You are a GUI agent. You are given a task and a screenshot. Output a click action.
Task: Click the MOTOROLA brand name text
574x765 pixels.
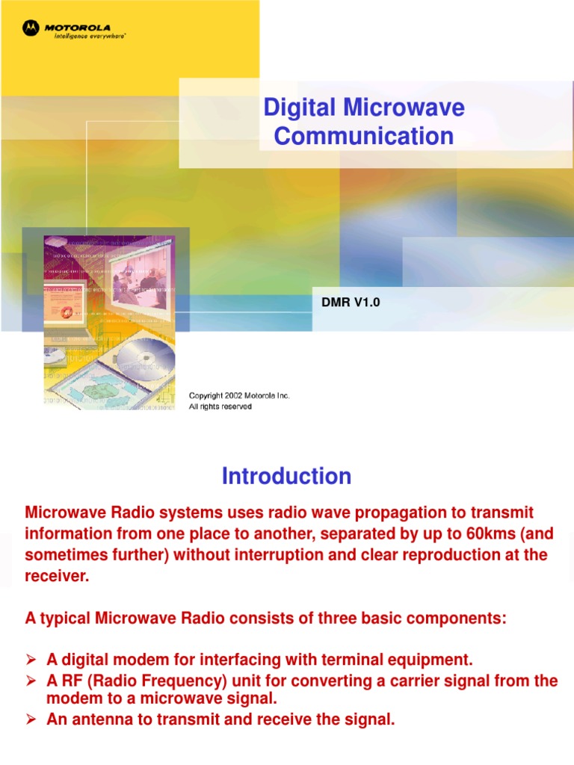pos(76,28)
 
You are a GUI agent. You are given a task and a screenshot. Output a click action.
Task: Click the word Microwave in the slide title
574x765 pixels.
pos(404,108)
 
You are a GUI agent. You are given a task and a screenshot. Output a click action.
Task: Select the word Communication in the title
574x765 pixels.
pos(364,136)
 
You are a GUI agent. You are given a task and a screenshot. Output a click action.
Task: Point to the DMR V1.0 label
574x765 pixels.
pos(345,301)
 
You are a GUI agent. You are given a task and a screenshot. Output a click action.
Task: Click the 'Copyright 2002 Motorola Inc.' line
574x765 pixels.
pos(239,395)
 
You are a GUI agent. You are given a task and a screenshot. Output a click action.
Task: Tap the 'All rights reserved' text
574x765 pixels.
pos(220,406)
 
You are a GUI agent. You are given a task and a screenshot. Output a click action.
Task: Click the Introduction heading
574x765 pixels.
pos(286,476)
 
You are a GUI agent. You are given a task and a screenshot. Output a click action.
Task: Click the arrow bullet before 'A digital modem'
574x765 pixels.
pos(31,660)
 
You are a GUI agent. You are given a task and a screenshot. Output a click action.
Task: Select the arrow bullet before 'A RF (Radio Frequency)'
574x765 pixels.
pos(31,681)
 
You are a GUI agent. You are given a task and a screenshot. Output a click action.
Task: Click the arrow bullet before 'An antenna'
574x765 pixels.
pos(31,719)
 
